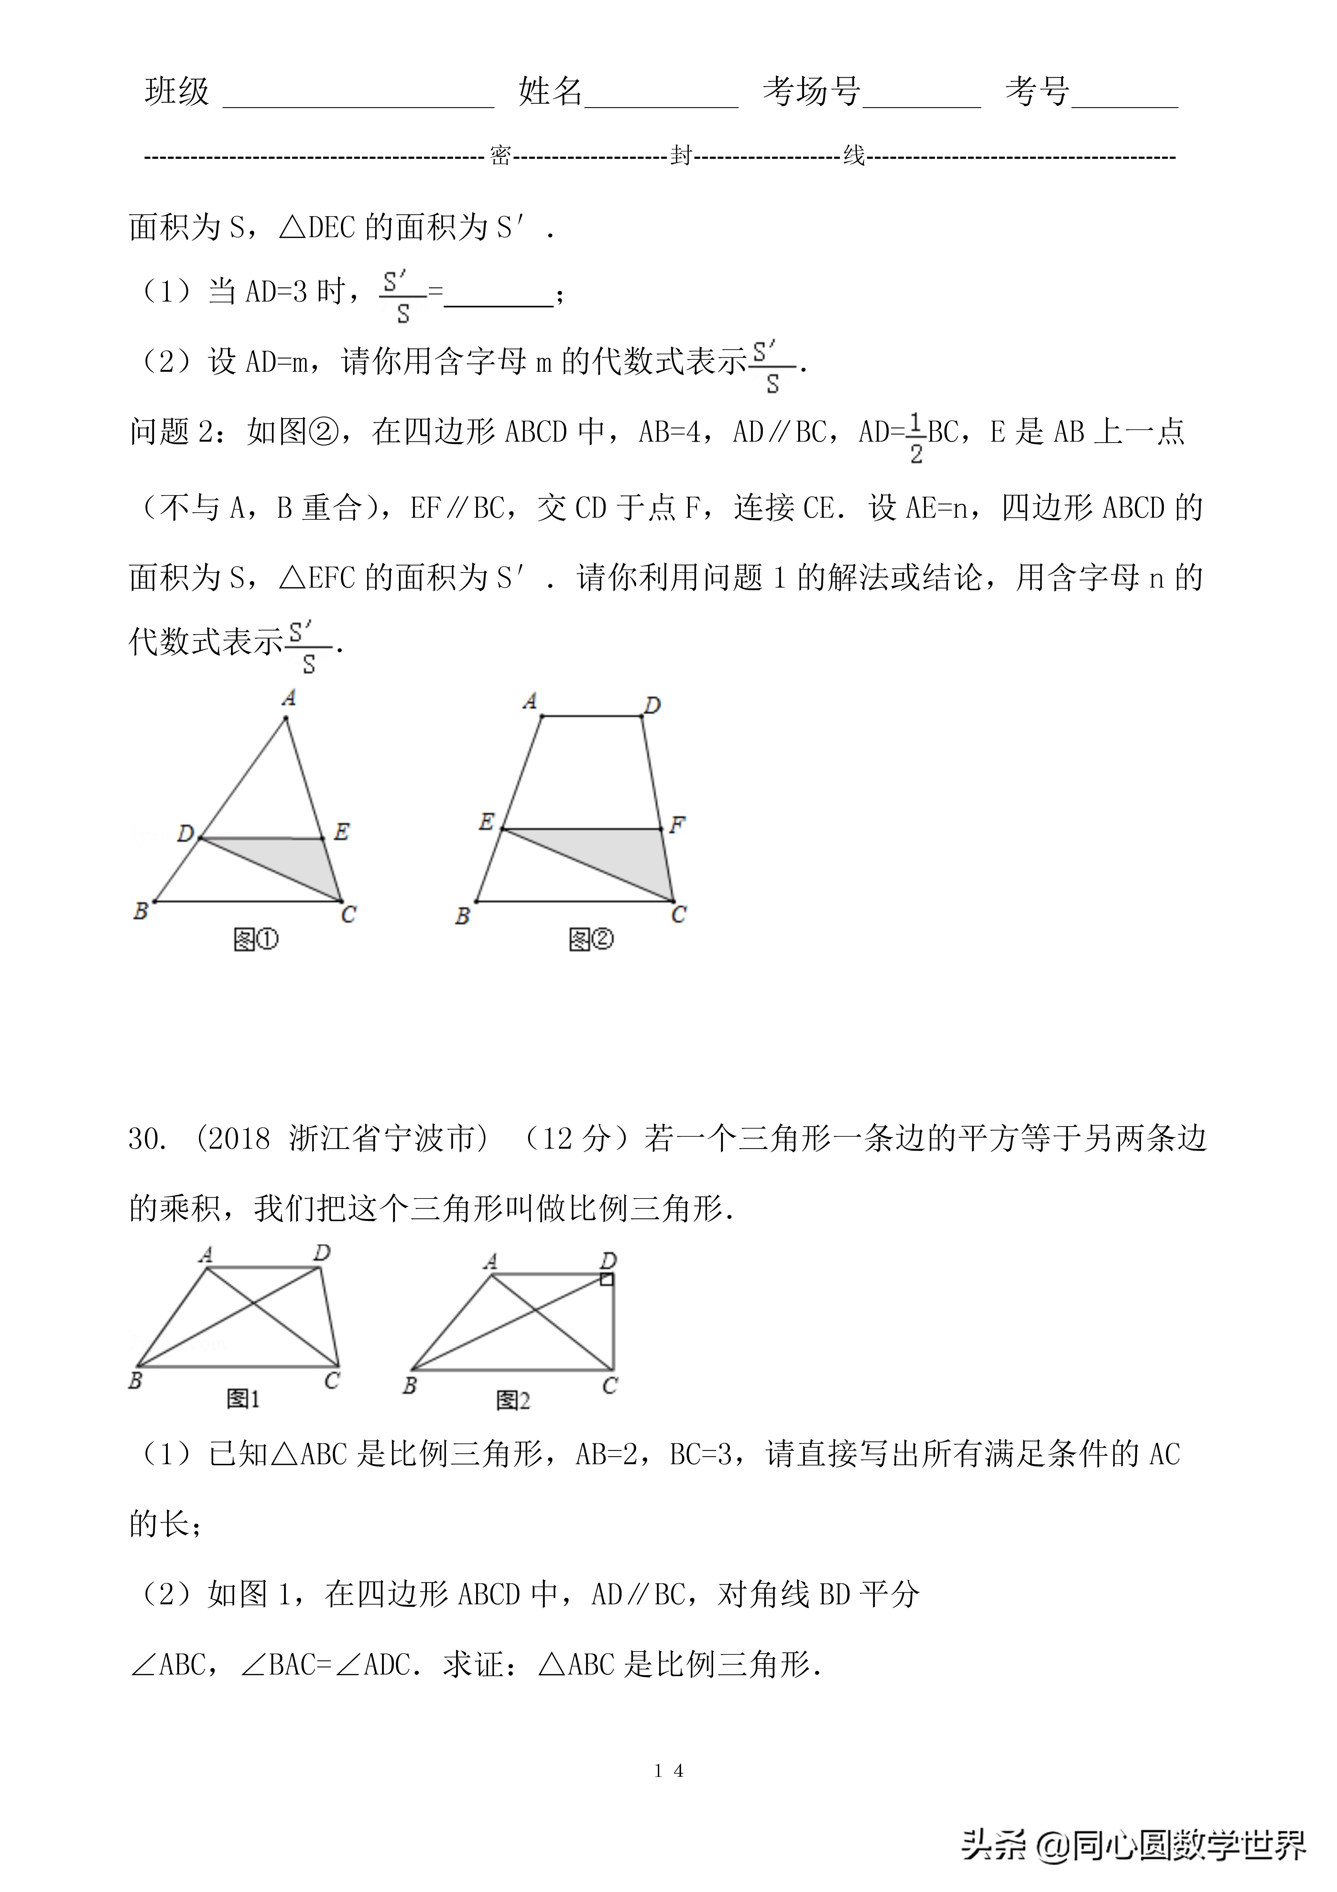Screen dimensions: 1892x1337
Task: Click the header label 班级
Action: click(177, 92)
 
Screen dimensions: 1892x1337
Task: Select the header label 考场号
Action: click(811, 92)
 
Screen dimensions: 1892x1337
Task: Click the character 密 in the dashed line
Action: click(500, 156)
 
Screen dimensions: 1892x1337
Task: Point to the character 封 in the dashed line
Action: click(680, 156)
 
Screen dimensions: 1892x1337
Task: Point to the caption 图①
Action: click(256, 939)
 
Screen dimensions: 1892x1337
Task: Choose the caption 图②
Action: click(591, 939)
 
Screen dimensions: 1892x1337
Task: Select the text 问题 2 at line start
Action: click(171, 432)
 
